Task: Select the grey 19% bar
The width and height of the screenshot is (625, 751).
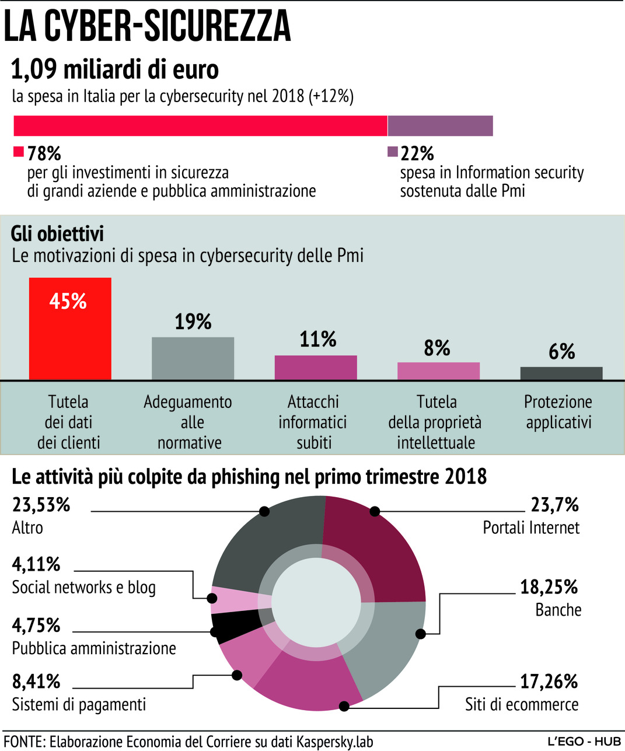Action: (193, 358)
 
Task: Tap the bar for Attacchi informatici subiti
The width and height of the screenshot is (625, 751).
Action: (316, 368)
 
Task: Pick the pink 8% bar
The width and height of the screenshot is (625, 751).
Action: (438, 371)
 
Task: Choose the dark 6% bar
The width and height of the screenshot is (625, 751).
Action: (561, 373)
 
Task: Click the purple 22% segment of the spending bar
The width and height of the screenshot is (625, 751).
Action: (440, 125)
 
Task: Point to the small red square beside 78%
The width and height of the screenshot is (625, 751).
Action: (19, 152)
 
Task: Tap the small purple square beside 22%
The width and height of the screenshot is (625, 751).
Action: (393, 152)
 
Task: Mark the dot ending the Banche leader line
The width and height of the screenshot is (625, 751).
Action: (420, 634)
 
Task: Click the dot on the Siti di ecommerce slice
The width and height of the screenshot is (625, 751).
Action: (344, 706)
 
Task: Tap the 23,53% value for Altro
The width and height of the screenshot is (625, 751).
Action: (41, 505)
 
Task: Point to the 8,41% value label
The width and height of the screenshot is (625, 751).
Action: (36, 681)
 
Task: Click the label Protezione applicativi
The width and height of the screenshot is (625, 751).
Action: (558, 412)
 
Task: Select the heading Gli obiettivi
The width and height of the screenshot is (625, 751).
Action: (57, 234)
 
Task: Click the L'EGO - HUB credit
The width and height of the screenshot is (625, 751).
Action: (584, 742)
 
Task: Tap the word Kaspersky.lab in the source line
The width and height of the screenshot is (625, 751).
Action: (334, 742)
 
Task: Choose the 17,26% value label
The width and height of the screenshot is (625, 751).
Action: (549, 681)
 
